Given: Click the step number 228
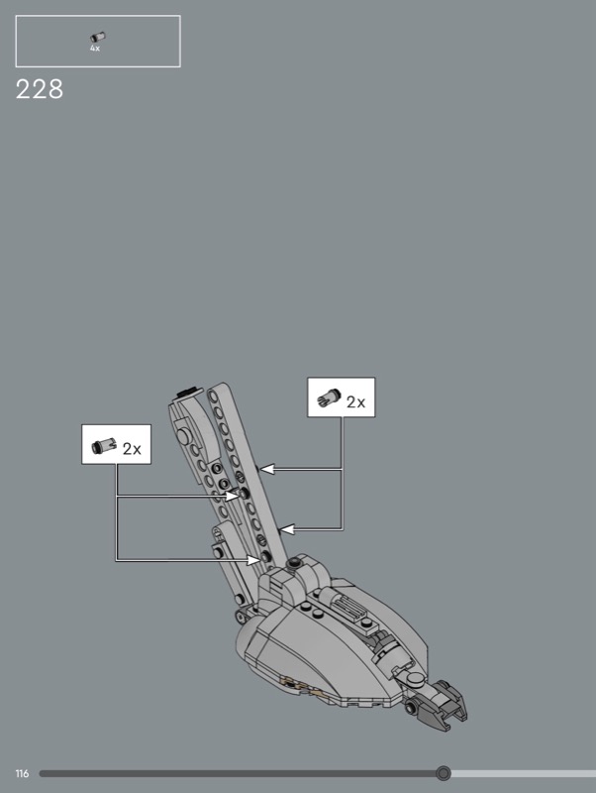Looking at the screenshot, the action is pyautogui.click(x=40, y=89).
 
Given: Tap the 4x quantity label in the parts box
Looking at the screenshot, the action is pyautogui.click(x=95, y=49).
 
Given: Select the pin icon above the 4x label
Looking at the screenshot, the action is pyautogui.click(x=97, y=37).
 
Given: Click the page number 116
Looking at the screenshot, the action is pyautogui.click(x=22, y=774).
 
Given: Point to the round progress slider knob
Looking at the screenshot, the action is pyautogui.click(x=443, y=773).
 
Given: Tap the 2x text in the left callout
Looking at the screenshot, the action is pyautogui.click(x=132, y=449).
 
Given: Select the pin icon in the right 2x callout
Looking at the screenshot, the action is pyautogui.click(x=329, y=398).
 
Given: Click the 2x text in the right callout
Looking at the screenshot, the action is pyautogui.click(x=355, y=402).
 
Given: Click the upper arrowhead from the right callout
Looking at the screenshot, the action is pyautogui.click(x=265, y=469).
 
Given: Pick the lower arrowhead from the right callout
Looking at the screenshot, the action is pyautogui.click(x=286, y=529).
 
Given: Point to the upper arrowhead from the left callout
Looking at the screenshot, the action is pyautogui.click(x=232, y=496).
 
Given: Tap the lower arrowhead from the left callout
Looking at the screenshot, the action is pyautogui.click(x=253, y=560).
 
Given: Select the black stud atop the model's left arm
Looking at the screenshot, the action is pyautogui.click(x=186, y=392).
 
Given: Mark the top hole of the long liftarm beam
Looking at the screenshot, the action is pyautogui.click(x=214, y=397).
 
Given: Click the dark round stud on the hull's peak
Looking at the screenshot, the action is pyautogui.click(x=294, y=563).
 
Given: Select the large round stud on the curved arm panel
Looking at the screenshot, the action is pyautogui.click(x=183, y=435).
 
